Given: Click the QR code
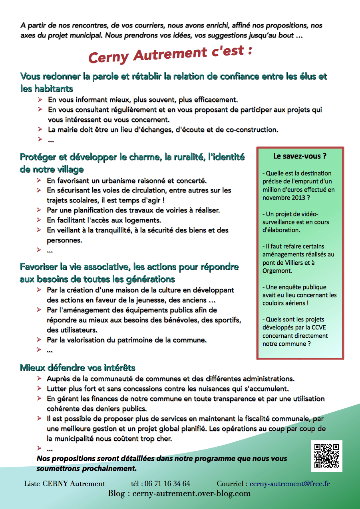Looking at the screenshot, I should pos(326,456).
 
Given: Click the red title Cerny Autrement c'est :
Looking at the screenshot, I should pos(170,54).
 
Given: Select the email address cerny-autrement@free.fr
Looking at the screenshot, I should pos(290,483).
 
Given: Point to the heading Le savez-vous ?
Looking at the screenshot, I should pos(300,156).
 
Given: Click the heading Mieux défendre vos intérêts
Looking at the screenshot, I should pos(78,368).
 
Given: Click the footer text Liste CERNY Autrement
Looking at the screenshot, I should pos(64,483).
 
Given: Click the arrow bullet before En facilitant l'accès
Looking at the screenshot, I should pos(39,220).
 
